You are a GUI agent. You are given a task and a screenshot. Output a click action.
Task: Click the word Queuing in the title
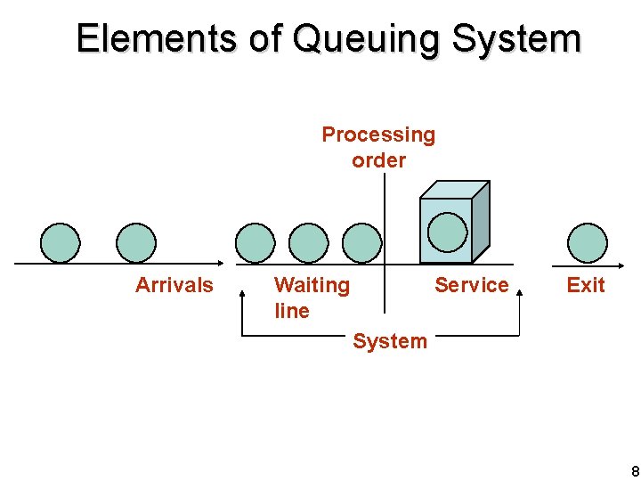click(x=365, y=40)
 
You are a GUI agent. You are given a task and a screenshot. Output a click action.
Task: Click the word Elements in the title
click(x=157, y=37)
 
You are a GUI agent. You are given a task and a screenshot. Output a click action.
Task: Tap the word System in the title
click(x=516, y=40)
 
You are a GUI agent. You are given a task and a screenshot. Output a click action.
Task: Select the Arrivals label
click(x=174, y=285)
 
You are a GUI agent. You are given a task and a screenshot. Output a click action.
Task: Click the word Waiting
click(x=312, y=286)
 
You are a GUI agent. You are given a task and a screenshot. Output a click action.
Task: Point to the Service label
click(x=472, y=285)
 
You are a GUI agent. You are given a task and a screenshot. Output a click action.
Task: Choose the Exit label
click(x=586, y=285)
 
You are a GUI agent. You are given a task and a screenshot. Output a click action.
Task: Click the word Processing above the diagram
click(x=378, y=135)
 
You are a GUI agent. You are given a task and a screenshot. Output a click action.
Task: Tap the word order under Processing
click(x=379, y=160)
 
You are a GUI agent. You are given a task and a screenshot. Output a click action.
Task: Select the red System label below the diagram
click(x=390, y=341)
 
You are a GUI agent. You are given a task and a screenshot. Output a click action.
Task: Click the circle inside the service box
click(x=448, y=232)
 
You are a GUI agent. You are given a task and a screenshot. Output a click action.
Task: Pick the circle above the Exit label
click(x=588, y=243)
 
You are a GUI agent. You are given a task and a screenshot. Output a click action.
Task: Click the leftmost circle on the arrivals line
click(x=61, y=243)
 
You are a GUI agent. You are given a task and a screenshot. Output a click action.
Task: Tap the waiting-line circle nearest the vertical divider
click(x=361, y=243)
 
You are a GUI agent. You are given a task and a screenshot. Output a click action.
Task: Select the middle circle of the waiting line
click(x=309, y=243)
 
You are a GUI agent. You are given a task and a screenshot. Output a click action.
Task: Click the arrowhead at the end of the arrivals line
click(x=221, y=264)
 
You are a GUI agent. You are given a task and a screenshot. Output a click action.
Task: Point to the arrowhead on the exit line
click(x=621, y=265)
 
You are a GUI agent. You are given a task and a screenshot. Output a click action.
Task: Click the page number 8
click(x=636, y=471)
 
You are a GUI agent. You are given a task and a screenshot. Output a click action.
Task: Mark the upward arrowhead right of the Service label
click(x=519, y=292)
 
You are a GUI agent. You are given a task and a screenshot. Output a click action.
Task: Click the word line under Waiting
click(x=292, y=311)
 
